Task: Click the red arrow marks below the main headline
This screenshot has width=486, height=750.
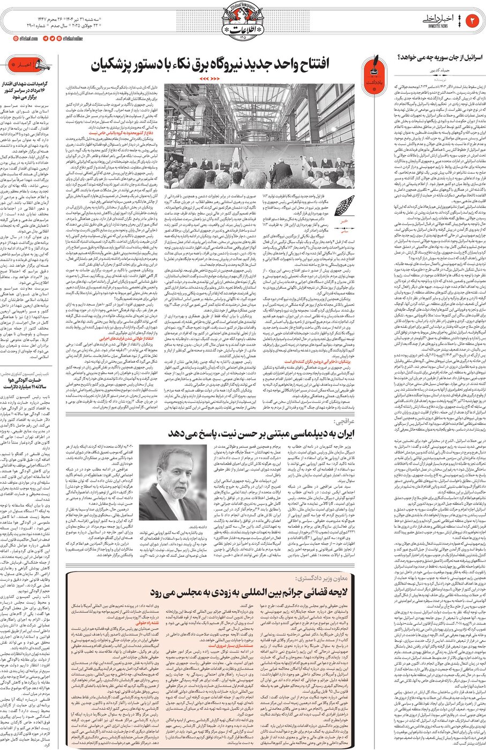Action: pyautogui.click(x=208, y=79)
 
